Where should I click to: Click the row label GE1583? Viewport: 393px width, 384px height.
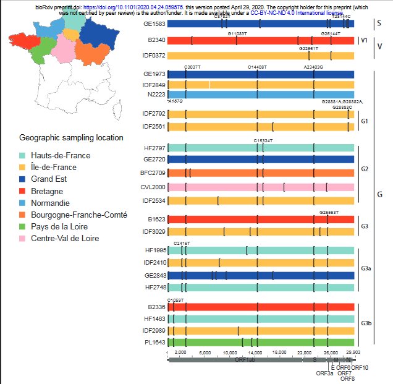[x=154, y=23]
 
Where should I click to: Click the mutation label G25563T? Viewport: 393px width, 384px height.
[x=329, y=212]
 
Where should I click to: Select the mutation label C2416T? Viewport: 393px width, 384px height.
[x=182, y=243]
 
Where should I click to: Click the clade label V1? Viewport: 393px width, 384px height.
[x=364, y=41]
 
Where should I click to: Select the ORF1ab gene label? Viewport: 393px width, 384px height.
[x=245, y=359]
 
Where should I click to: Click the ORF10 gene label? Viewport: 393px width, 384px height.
[x=360, y=367]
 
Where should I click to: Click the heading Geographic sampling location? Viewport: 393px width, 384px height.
[x=71, y=137]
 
